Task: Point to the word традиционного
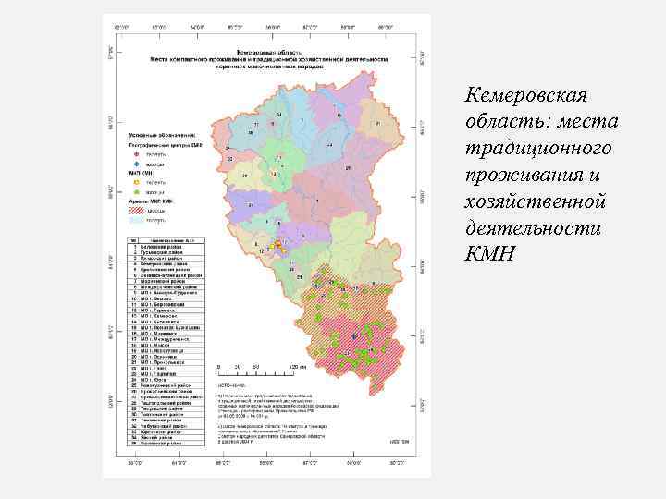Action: (x=540, y=149)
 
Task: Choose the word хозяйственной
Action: (x=539, y=201)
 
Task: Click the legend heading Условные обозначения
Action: (x=157, y=136)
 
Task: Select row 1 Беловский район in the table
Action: (x=159, y=247)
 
